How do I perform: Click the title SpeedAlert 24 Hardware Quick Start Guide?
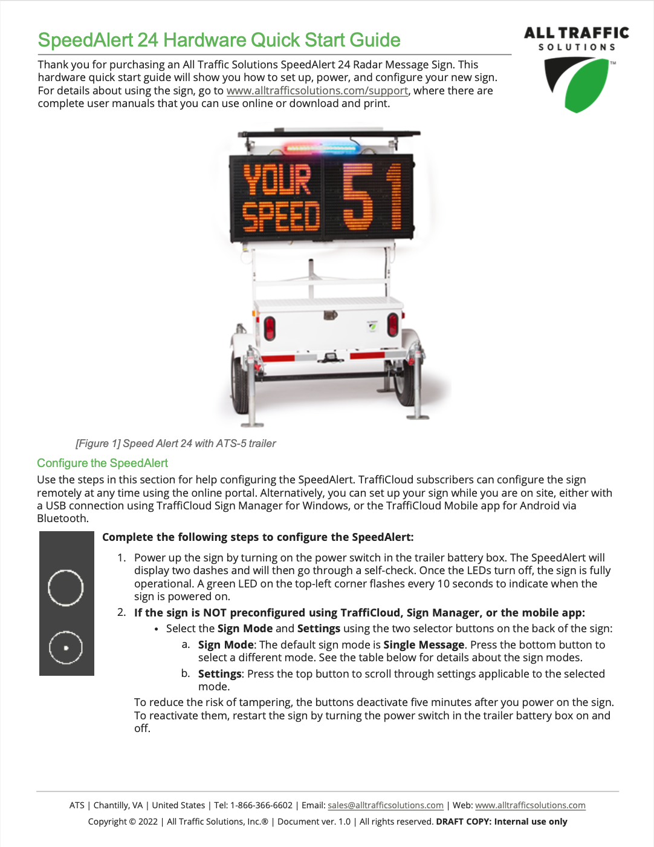pos(219,40)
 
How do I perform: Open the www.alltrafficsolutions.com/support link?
pos(317,91)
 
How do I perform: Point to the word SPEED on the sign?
pos(280,217)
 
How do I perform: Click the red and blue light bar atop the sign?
pos(322,148)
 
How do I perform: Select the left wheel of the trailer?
pos(241,381)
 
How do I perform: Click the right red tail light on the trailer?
pos(392,325)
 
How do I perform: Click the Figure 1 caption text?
pos(175,443)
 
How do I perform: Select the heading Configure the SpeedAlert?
pos(103,463)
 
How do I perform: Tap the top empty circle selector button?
pos(65,587)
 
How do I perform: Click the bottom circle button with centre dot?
pos(65,647)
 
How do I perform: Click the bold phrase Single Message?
pos(424,645)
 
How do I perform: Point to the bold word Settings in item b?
pos(219,674)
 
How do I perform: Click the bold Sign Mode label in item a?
pos(225,645)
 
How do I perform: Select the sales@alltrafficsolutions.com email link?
pos(386,805)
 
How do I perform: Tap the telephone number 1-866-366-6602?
pos(261,805)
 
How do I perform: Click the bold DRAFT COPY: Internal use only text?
pos(502,822)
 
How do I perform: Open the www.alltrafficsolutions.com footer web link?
pos(530,805)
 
